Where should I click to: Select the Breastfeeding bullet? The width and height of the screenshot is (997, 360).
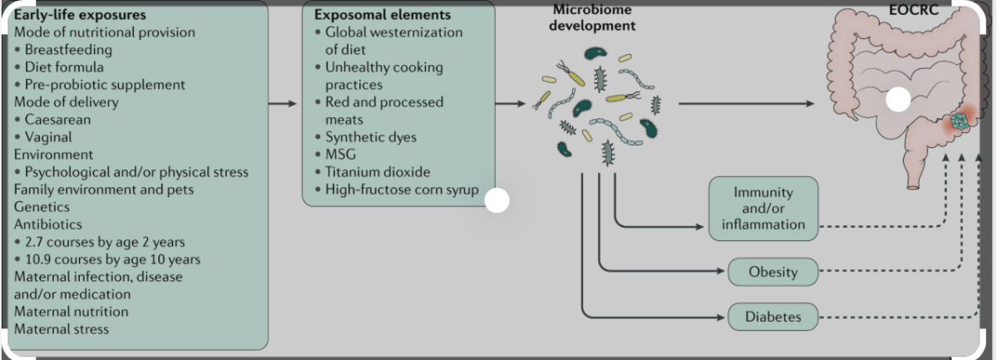pos(63,50)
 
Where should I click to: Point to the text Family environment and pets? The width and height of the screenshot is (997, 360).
pos(103,190)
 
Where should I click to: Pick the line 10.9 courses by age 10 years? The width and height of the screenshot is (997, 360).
pos(111,259)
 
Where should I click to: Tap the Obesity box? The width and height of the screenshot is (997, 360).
pos(773,272)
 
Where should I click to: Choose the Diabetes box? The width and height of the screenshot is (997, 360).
pos(773,316)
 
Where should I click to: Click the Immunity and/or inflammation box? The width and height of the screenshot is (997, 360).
pos(763,208)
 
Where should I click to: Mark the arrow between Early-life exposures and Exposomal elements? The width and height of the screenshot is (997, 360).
pos(283,104)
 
